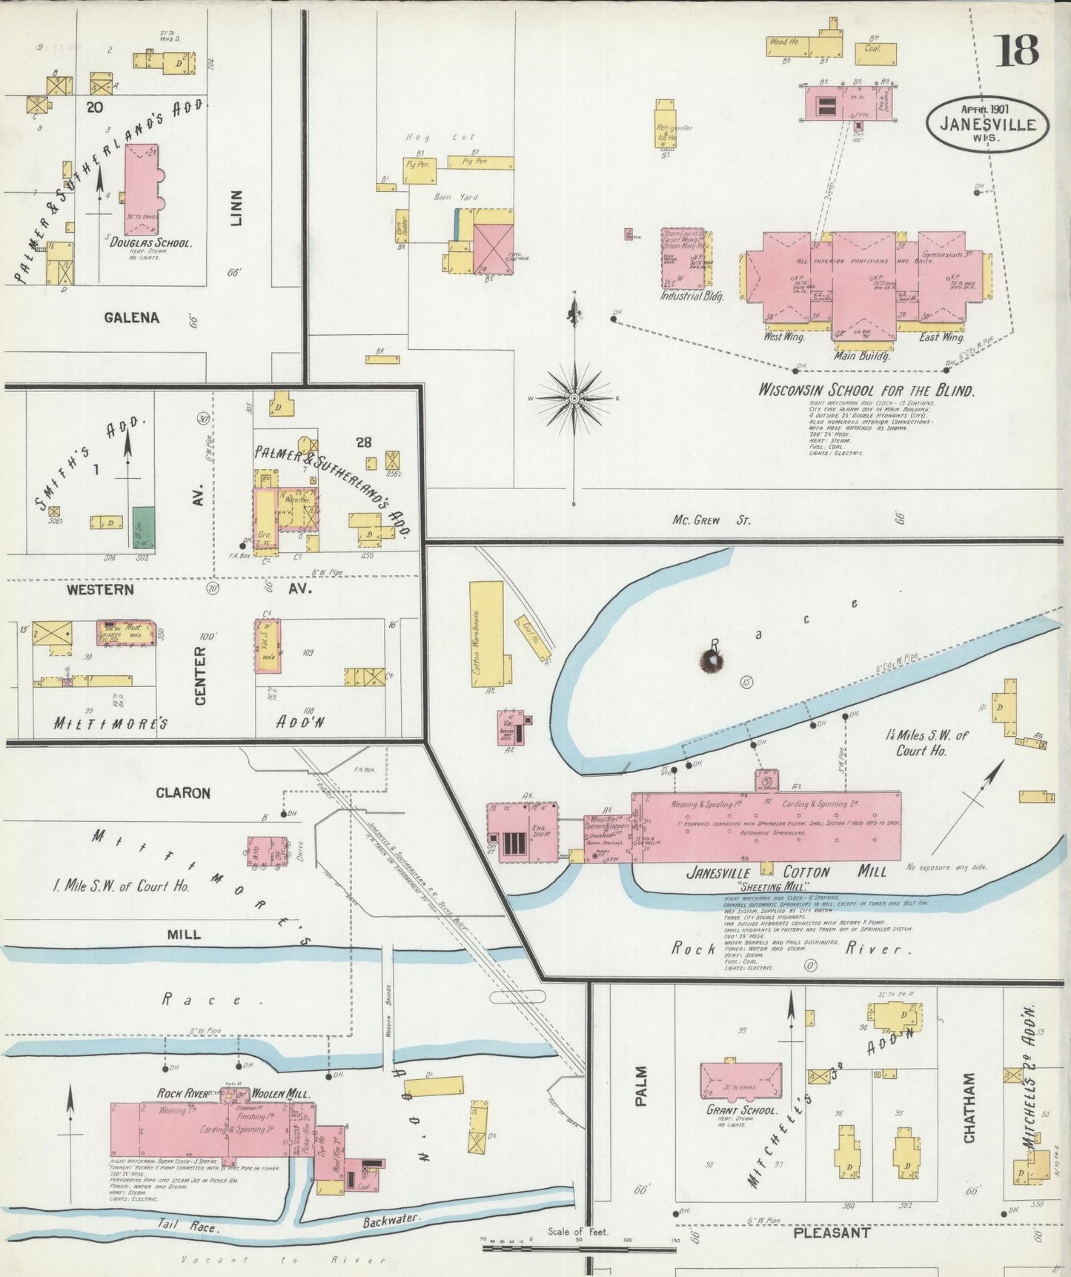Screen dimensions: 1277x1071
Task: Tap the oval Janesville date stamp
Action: [987, 123]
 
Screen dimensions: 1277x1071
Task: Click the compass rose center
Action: [574, 399]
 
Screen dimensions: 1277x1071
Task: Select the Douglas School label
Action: [151, 243]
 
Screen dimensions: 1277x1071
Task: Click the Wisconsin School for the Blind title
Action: [866, 391]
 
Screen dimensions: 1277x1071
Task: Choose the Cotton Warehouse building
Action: [486, 635]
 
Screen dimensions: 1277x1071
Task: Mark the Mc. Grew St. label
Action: [711, 520]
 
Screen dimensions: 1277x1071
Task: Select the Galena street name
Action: [131, 318]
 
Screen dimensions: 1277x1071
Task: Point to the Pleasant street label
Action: [832, 1233]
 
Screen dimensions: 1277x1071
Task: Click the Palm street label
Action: [641, 1086]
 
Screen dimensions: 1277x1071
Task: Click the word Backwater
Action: [391, 1219]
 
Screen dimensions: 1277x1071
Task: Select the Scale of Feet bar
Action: [578, 1248]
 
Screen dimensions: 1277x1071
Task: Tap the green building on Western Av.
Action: [144, 527]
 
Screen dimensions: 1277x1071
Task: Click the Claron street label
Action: [183, 793]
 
